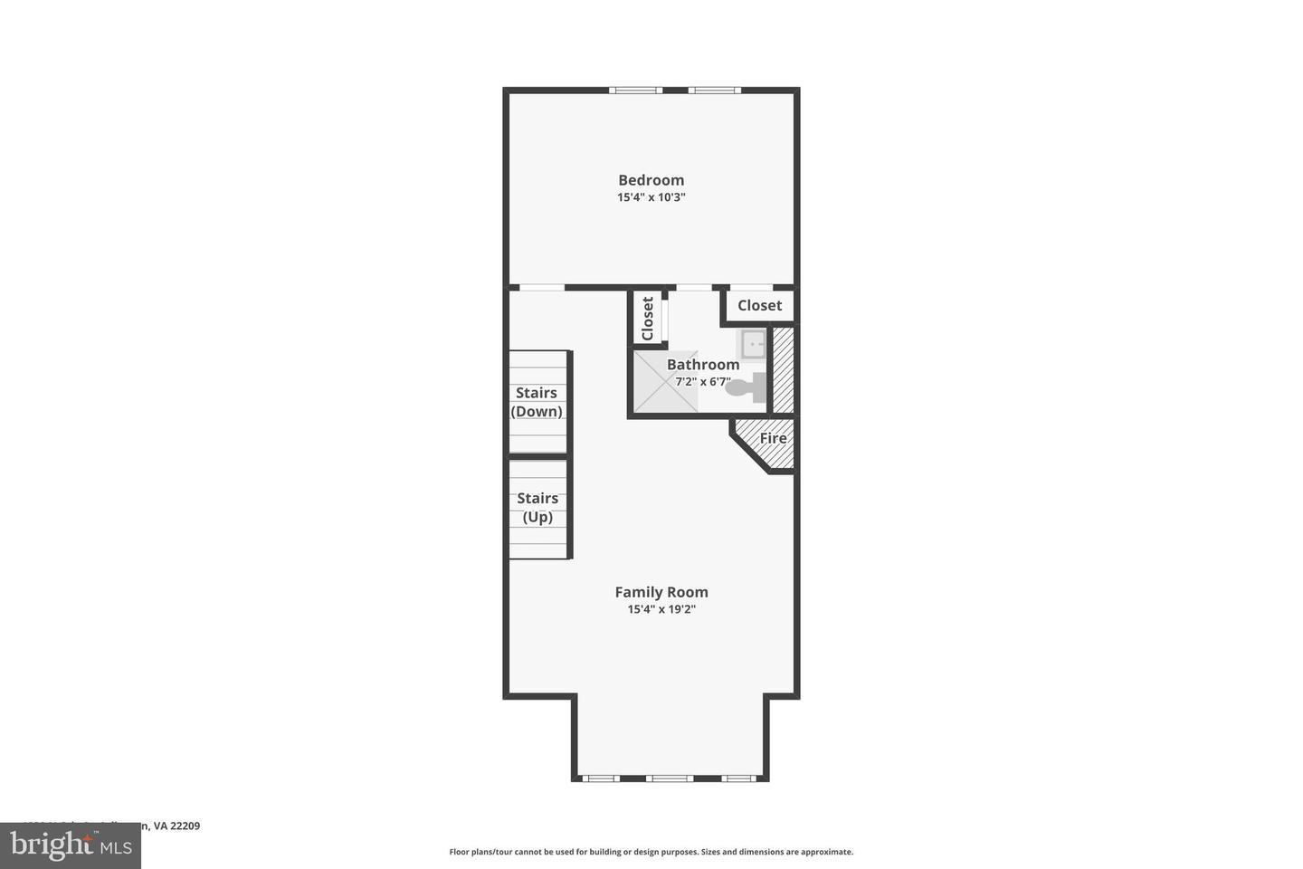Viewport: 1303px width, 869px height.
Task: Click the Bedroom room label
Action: (651, 180)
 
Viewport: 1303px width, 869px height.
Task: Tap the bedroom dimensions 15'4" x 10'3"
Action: (651, 197)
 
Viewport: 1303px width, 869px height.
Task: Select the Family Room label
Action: (661, 592)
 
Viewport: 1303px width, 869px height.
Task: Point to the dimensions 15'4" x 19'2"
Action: (661, 610)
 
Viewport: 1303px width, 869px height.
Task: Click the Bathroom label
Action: (703, 365)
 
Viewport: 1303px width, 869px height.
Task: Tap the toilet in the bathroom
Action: (746, 388)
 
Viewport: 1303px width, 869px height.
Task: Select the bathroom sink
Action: (753, 344)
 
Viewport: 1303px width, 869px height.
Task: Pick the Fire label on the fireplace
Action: (772, 439)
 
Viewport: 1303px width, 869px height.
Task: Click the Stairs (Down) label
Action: (537, 402)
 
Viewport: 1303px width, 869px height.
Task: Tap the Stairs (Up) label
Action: (537, 508)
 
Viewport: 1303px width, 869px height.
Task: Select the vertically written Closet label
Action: (648, 319)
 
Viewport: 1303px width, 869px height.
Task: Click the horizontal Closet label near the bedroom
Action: (759, 306)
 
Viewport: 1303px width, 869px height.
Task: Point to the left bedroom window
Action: (635, 90)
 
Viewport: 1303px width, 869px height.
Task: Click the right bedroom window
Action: (714, 90)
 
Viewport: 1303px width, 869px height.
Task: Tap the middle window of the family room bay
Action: (670, 778)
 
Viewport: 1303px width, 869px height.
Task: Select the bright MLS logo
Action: (71, 846)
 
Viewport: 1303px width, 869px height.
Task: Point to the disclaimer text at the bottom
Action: (651, 852)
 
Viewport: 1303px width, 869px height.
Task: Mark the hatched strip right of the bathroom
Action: (783, 369)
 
